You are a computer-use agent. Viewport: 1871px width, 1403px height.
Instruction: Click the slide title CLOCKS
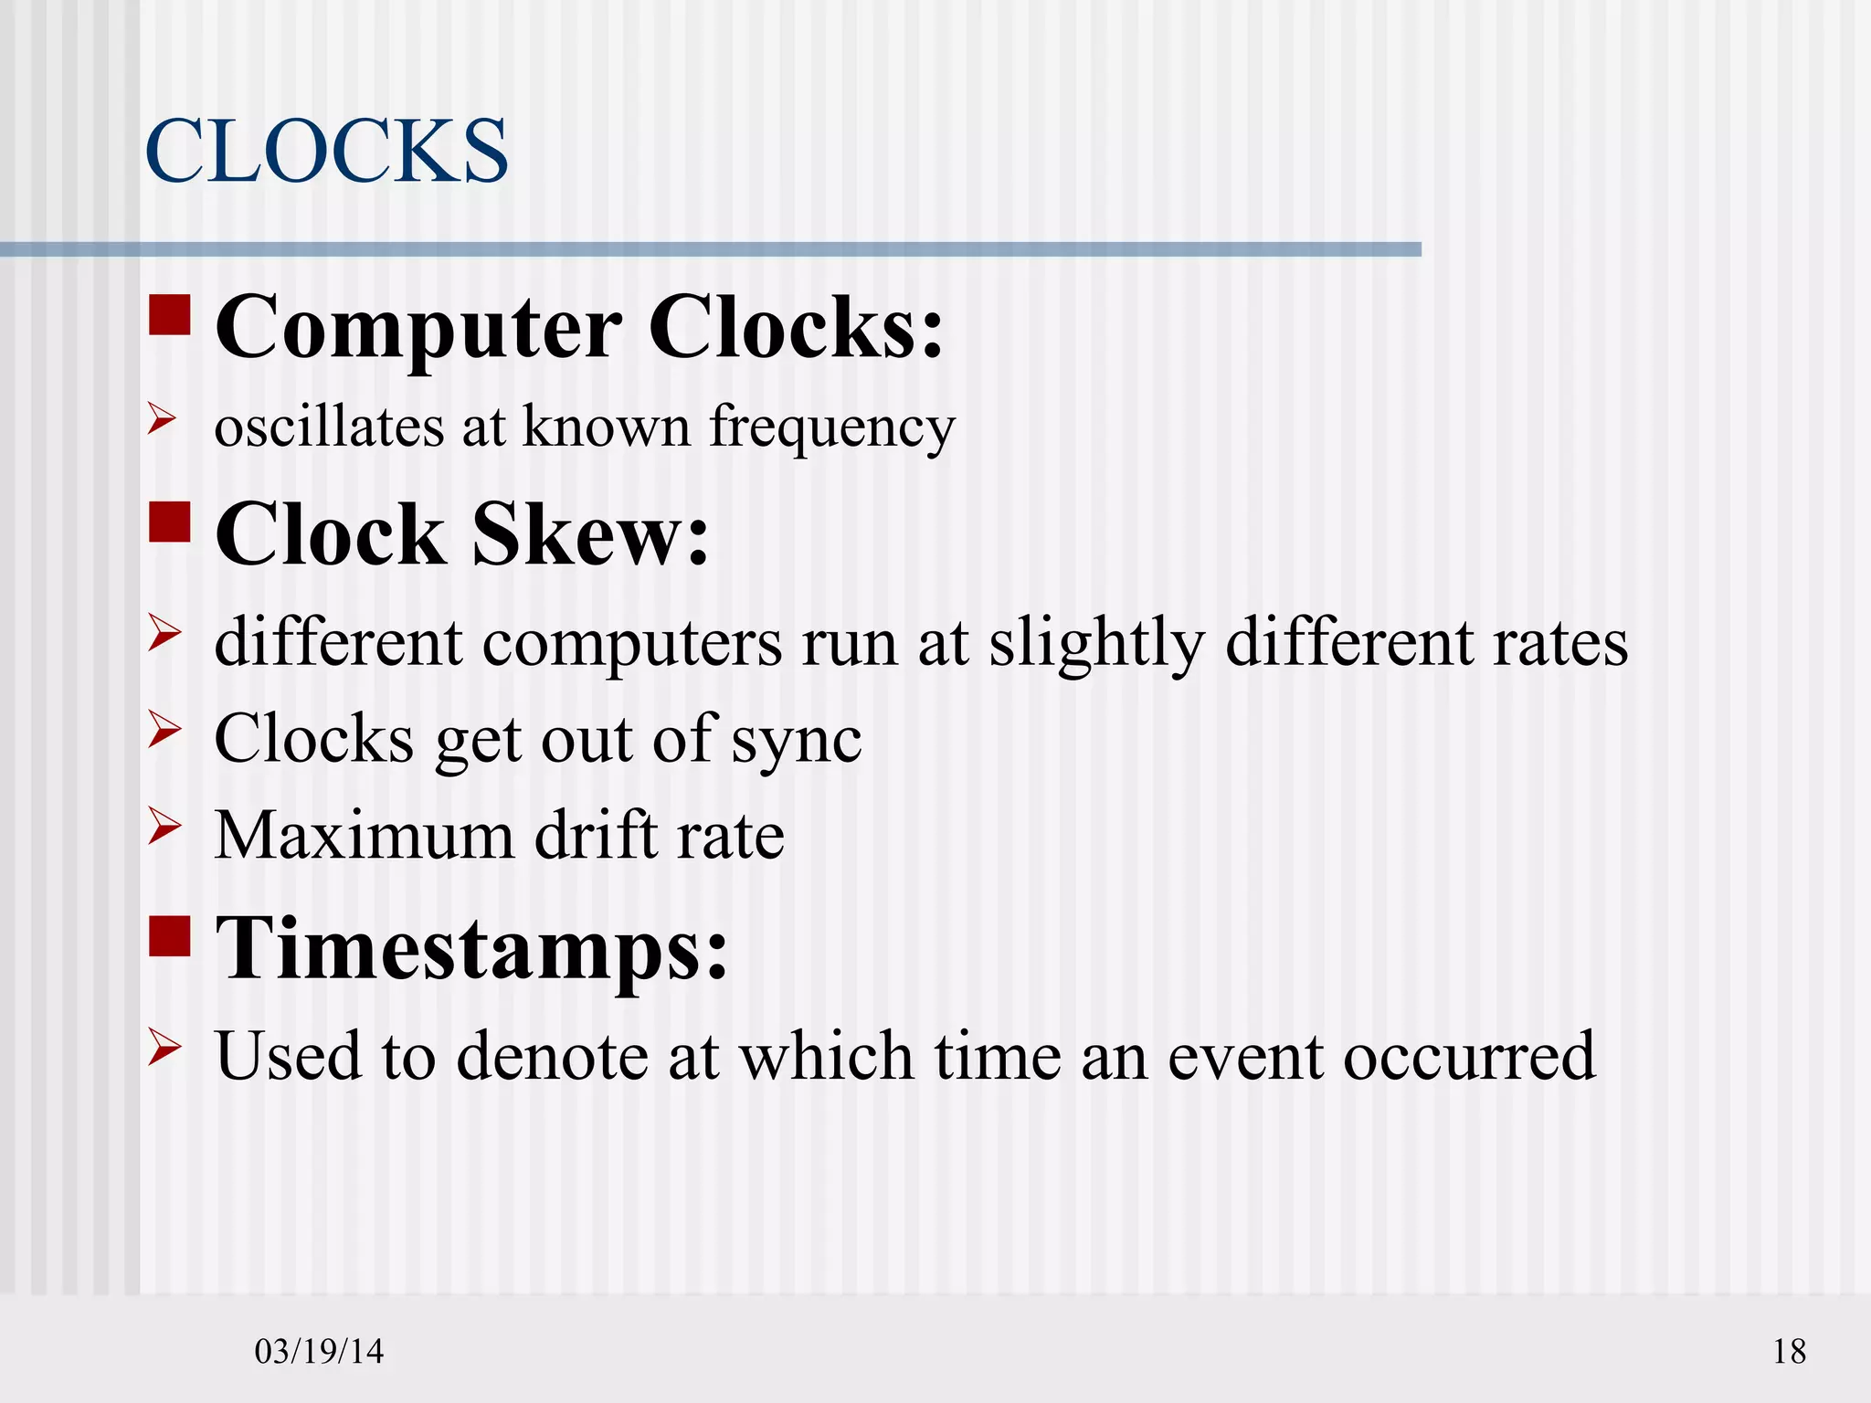[x=326, y=151]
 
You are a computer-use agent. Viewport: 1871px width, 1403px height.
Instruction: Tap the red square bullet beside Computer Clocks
[x=170, y=314]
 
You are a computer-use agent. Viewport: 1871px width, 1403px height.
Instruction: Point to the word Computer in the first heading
[x=418, y=329]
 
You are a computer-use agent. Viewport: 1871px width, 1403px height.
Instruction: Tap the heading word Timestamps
[x=471, y=950]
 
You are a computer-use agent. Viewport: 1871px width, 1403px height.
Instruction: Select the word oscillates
[x=329, y=427]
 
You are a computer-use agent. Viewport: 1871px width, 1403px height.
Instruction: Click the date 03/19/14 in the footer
[x=319, y=1351]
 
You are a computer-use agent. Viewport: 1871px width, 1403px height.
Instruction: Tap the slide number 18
[x=1789, y=1351]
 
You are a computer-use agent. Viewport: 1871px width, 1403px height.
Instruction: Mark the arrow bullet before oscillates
[x=163, y=419]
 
